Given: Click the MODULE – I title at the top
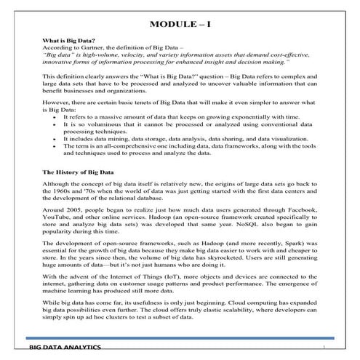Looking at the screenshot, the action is (180, 25).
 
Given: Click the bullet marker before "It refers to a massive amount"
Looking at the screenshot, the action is (55, 115).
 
